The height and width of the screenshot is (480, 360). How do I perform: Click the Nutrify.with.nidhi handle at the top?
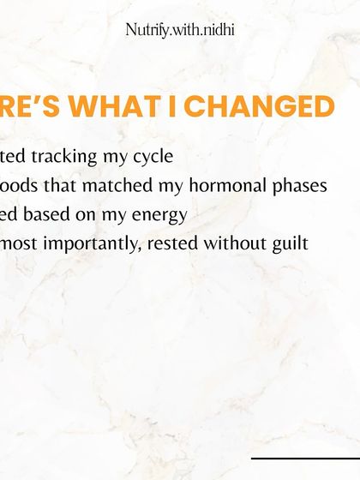coord(180,30)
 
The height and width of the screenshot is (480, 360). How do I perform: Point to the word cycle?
coord(153,157)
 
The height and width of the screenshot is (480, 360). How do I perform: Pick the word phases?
coord(299,186)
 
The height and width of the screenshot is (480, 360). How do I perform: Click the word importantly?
coord(92,243)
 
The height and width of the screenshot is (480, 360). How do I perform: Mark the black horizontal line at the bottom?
coord(305,459)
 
